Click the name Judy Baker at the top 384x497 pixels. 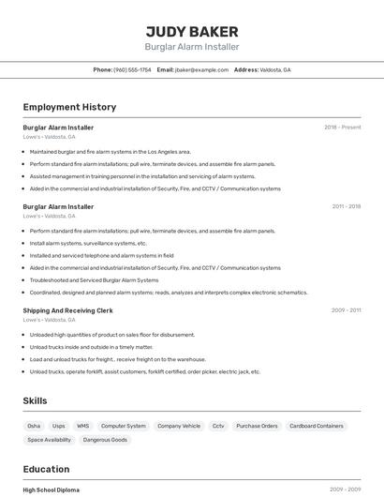(192, 31)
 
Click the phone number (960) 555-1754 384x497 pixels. (131, 69)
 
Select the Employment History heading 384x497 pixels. (69, 107)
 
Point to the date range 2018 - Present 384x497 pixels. (342, 128)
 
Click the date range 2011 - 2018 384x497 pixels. (346, 206)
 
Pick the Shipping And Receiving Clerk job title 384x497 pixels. (67, 310)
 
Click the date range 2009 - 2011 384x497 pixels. (346, 310)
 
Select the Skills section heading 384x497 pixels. (35, 400)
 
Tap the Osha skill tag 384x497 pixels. (34, 426)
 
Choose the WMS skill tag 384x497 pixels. (82, 426)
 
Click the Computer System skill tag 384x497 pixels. (124, 426)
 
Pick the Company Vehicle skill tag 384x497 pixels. (179, 426)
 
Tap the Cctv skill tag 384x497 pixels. (218, 426)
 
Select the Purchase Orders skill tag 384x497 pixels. (257, 426)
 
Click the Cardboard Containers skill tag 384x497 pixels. (317, 426)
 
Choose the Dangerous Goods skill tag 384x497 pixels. (105, 440)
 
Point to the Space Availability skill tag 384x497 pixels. (49, 440)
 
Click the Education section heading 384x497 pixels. (46, 469)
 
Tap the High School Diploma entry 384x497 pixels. (52, 489)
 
